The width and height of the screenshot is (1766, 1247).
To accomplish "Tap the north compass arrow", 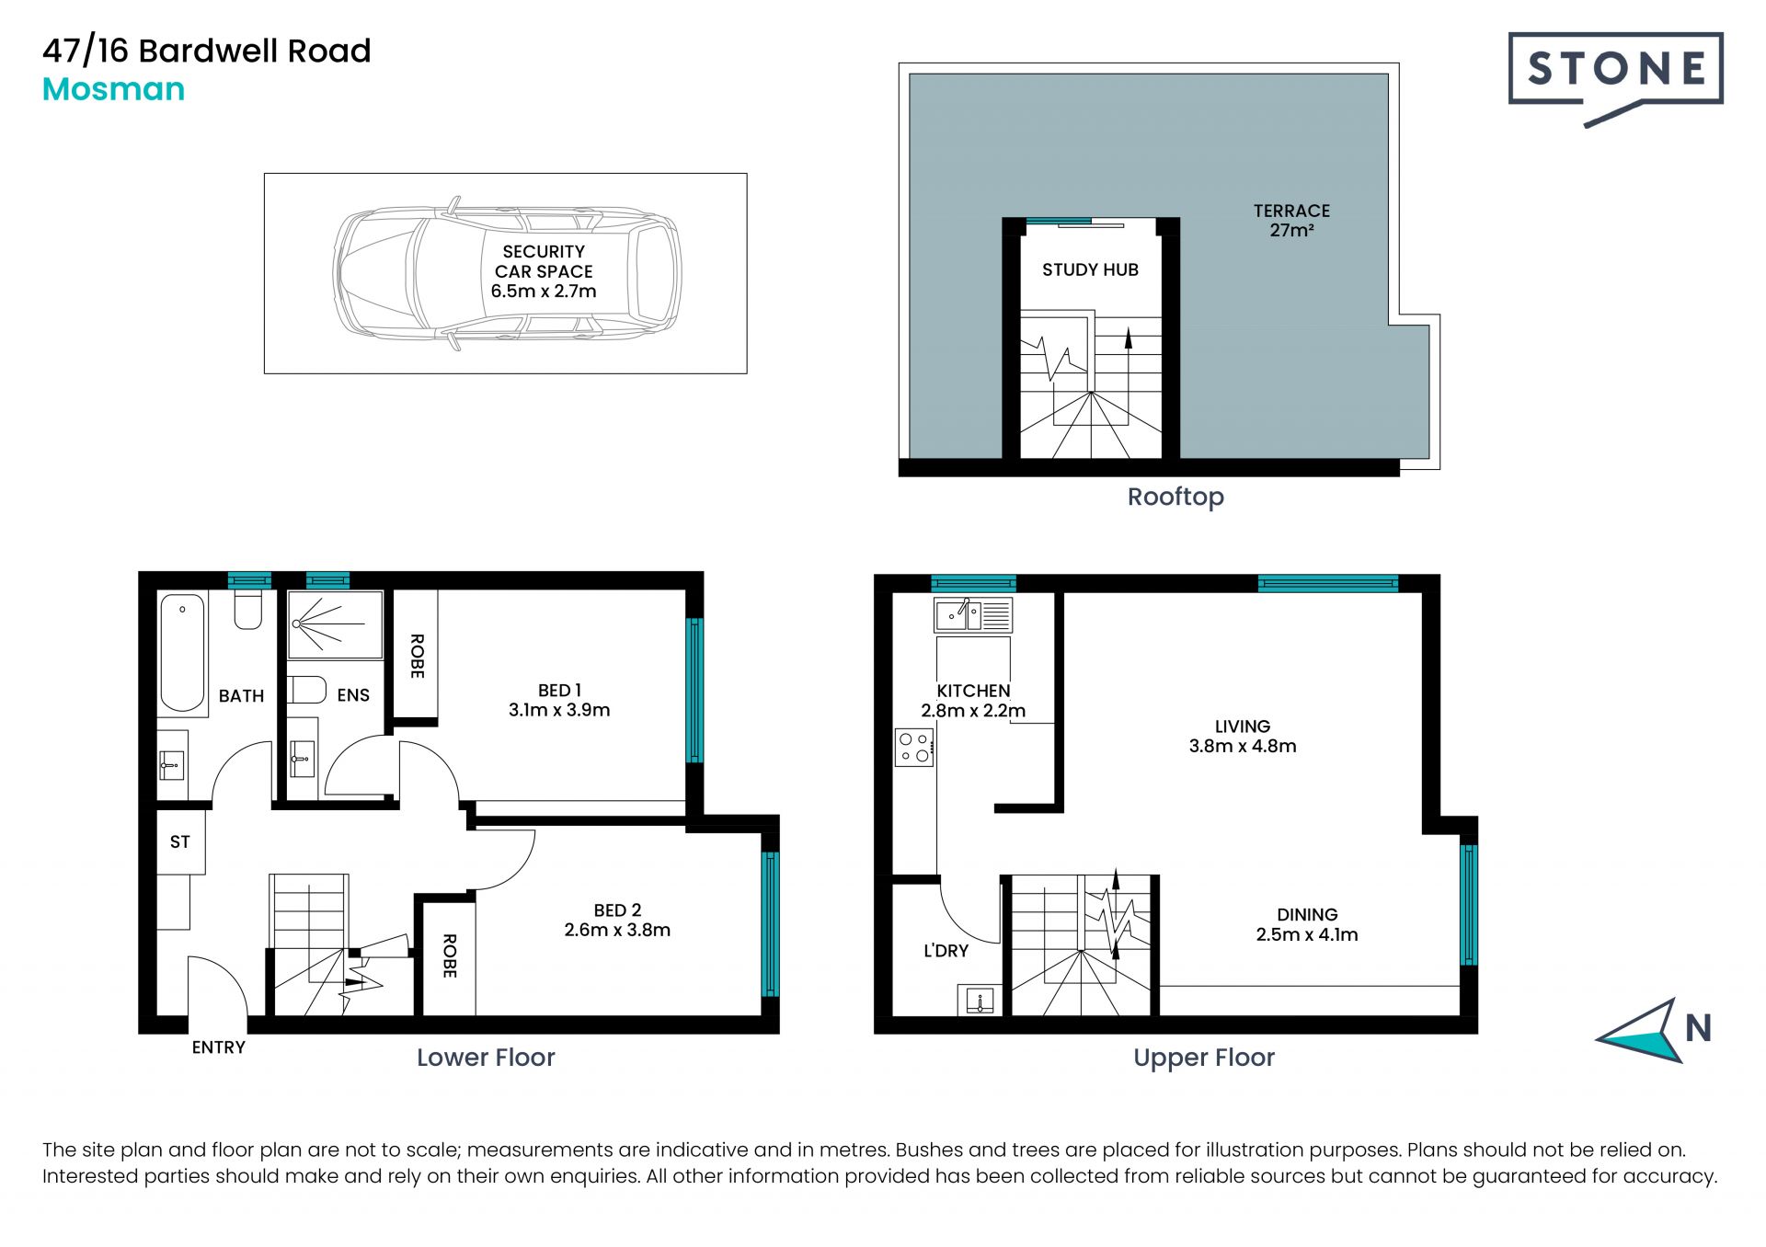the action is tap(1644, 1031).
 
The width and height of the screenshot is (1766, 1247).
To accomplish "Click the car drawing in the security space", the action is tap(507, 273).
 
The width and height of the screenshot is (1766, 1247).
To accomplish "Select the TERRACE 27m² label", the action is tap(1291, 221).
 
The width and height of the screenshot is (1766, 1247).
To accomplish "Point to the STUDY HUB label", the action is tap(1090, 269).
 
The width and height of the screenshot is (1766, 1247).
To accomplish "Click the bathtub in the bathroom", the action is tap(182, 653).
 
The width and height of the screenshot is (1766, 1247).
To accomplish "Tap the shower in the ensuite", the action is tap(335, 625).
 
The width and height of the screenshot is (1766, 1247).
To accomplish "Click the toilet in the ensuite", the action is tap(306, 690).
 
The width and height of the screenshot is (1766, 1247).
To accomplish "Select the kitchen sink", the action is tap(973, 615).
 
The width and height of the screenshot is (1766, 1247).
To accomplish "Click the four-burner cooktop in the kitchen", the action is tap(915, 748).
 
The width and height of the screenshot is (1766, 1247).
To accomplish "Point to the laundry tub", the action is tap(980, 1000).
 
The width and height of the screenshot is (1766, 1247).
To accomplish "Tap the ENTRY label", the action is tap(219, 1047).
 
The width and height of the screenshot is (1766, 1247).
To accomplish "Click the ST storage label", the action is tap(180, 841).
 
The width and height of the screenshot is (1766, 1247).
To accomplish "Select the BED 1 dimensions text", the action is tap(559, 710).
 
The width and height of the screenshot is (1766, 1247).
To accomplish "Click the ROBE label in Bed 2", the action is tap(449, 956).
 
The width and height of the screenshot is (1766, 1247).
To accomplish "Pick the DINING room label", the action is tap(1307, 915).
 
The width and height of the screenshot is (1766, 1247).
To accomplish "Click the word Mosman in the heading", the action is tap(114, 89).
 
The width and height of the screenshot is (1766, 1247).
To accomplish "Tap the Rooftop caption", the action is tap(1175, 498).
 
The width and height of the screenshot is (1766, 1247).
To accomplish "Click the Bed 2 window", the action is tap(771, 924).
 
